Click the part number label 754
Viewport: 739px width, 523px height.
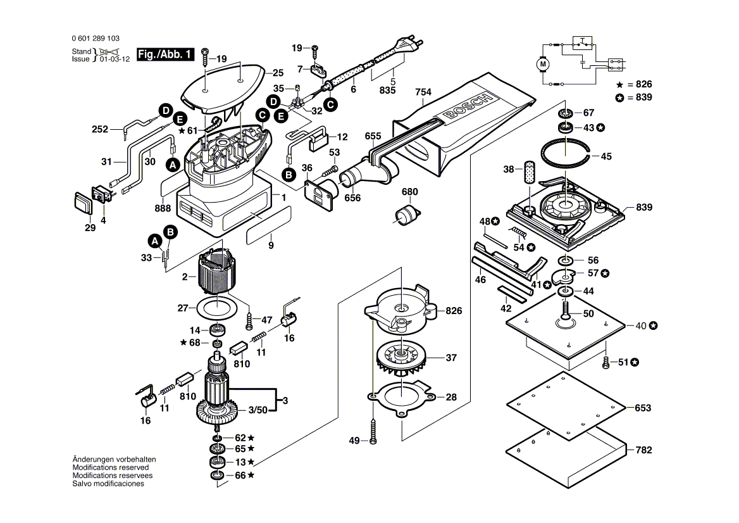point(423,92)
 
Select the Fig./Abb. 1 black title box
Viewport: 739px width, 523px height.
point(165,55)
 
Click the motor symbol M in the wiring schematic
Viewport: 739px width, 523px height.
point(543,64)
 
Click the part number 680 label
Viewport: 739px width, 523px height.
point(409,192)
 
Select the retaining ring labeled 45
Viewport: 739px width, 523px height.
point(568,155)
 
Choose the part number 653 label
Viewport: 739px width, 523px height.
point(643,408)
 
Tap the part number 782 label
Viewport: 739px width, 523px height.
point(643,450)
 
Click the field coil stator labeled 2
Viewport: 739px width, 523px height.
point(217,275)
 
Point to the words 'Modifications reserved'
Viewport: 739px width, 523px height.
point(111,467)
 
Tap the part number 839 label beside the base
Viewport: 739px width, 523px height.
point(644,208)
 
